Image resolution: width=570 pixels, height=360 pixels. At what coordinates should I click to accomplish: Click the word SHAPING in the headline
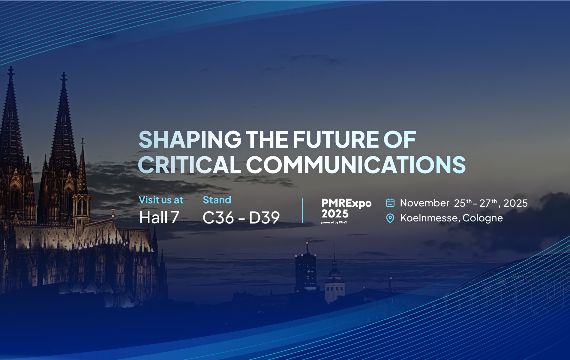190,139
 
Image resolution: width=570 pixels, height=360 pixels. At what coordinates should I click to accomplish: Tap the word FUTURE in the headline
336,139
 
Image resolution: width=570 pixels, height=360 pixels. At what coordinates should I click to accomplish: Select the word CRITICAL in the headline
190,165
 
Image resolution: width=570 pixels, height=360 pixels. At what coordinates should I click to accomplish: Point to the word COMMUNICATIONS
356,165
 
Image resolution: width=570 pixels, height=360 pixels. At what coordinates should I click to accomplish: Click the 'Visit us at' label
161,200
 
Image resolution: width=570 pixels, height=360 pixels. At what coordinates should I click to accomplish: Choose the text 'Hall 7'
159,217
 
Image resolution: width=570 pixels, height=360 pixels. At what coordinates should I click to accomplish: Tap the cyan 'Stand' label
217,200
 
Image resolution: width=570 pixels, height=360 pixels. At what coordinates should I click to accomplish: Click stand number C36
218,218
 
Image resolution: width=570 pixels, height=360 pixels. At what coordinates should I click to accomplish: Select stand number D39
264,218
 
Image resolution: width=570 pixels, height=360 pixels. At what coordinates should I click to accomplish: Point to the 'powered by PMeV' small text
334,222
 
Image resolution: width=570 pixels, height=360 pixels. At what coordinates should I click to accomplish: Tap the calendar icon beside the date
390,203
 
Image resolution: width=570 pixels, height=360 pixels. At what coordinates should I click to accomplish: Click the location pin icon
390,218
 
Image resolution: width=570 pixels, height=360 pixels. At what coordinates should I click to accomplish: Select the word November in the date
425,203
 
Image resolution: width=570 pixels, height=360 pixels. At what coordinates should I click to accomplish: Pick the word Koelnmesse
429,218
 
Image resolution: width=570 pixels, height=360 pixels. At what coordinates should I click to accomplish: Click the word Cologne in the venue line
483,218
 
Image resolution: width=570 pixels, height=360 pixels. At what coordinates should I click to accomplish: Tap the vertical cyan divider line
303,211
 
